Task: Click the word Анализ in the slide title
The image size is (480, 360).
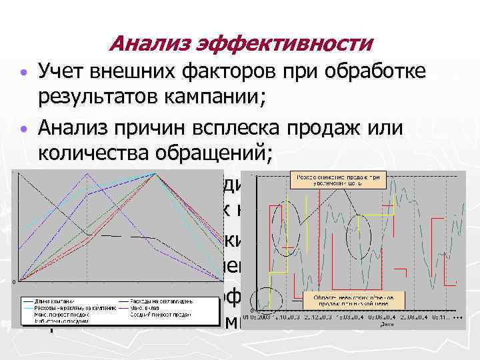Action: coord(147,45)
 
